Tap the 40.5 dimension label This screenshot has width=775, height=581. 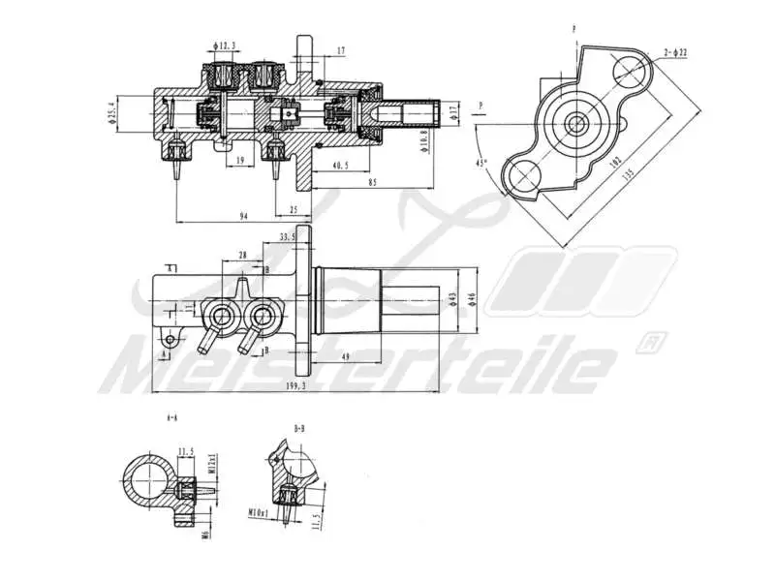click(x=339, y=166)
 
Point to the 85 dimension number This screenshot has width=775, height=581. click(x=371, y=181)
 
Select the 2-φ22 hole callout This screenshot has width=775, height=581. click(x=675, y=51)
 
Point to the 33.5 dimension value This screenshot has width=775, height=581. click(x=288, y=236)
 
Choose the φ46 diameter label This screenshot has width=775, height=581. click(x=472, y=300)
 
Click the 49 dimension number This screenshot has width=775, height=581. click(x=346, y=355)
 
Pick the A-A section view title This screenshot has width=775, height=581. click(x=172, y=418)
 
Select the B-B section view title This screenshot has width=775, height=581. click(x=300, y=426)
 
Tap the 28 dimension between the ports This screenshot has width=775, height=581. click(x=242, y=255)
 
